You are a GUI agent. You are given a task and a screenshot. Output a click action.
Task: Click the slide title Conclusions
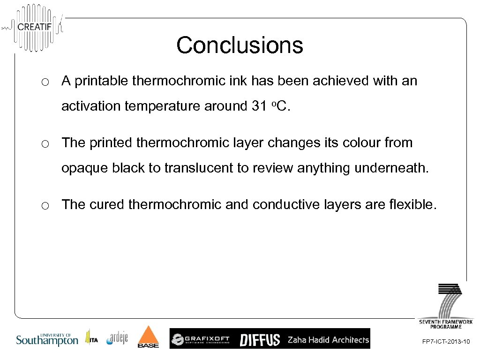click(240, 45)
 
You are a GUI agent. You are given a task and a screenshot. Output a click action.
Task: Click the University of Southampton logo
click(47, 339)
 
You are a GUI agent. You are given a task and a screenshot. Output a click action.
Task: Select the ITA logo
click(91, 338)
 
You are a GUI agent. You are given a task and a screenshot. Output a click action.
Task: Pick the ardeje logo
click(117, 338)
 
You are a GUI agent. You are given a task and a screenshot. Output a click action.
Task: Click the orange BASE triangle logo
click(148, 337)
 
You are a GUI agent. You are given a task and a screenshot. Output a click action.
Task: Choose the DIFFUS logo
click(260, 339)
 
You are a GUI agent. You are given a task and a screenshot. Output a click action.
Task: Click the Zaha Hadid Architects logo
click(328, 339)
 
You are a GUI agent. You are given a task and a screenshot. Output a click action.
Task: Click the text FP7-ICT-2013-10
click(446, 342)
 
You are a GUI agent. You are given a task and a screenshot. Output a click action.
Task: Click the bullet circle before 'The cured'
click(45, 205)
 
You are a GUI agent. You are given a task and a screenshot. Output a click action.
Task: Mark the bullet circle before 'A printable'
click(45, 82)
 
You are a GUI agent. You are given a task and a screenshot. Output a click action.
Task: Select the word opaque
click(84, 169)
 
